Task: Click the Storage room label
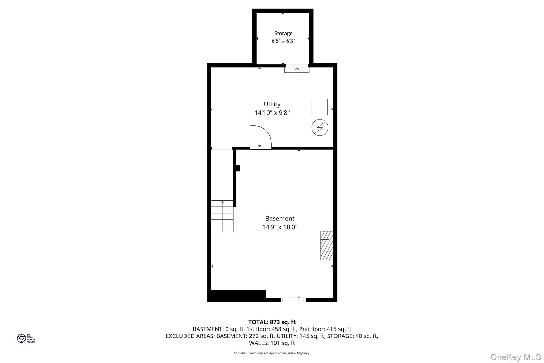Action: pos(283,34)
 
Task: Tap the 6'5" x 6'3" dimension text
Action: pos(283,41)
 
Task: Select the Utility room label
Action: pos(272,104)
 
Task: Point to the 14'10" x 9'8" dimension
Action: pos(272,113)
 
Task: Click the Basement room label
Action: pos(280,219)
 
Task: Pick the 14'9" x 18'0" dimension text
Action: pos(280,227)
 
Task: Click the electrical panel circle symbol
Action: pos(320,128)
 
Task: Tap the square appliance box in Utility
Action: pos(319,107)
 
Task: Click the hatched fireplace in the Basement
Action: pos(326,245)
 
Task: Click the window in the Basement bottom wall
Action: pos(293,300)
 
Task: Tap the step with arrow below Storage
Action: pos(297,70)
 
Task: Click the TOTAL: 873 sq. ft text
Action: pos(272,322)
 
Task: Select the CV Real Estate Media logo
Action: pos(26,338)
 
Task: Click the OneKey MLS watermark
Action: pos(516,357)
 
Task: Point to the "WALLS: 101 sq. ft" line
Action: pos(272,343)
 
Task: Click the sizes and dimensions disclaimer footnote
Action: pos(272,353)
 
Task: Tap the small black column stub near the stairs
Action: pos(238,168)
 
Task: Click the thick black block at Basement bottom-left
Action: pos(236,296)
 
